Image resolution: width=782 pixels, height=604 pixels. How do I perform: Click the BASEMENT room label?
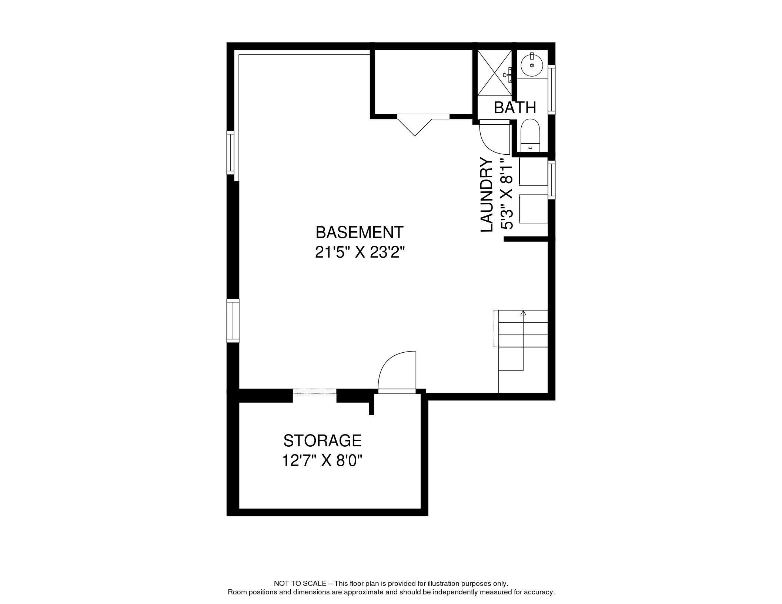click(359, 232)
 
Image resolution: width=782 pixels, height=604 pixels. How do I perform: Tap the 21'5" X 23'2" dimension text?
click(359, 253)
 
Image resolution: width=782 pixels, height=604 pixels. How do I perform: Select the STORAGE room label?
click(322, 441)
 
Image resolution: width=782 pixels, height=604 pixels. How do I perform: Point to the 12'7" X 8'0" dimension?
click(322, 461)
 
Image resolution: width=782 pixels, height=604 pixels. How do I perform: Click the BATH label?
click(515, 108)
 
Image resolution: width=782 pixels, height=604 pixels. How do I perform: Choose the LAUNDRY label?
click(487, 195)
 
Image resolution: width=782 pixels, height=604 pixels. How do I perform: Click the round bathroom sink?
click(532, 65)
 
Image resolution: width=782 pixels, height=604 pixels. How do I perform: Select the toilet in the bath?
click(530, 134)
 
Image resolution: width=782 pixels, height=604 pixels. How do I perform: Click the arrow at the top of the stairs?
click(523, 313)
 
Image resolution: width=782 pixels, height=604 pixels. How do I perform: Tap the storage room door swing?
click(395, 370)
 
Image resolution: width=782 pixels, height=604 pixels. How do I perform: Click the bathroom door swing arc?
click(493, 139)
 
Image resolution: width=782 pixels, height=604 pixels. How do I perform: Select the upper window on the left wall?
click(231, 152)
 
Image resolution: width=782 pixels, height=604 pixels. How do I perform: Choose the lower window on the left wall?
click(233, 321)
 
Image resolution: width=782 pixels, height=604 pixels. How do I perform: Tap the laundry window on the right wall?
click(552, 179)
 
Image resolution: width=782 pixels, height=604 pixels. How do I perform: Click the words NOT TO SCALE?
click(300, 584)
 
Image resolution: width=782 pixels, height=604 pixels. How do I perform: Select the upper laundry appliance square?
click(533, 171)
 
